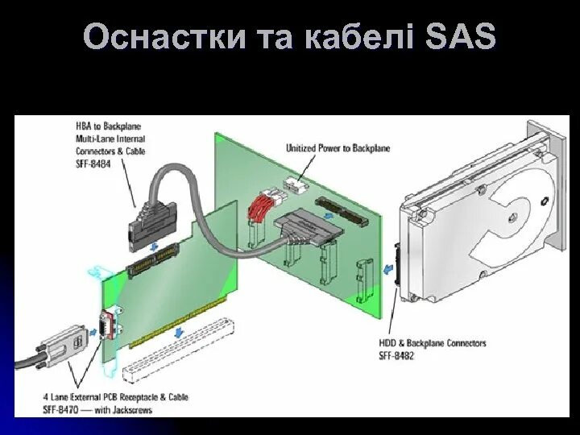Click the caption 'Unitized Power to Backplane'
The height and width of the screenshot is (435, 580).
pyautogui.click(x=338, y=148)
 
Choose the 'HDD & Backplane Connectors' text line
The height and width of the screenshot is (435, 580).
pyautogui.click(x=433, y=343)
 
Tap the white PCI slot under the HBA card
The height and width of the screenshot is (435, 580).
pyautogui.click(x=178, y=350)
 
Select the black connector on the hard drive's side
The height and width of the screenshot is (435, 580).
pyautogui.click(x=398, y=263)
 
